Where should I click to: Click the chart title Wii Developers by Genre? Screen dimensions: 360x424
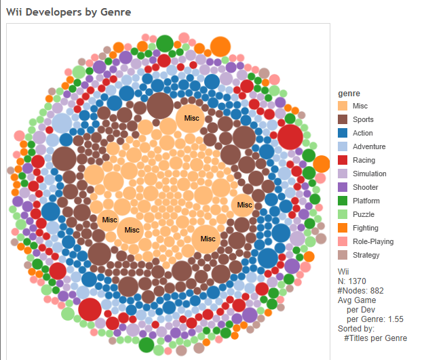[69, 12]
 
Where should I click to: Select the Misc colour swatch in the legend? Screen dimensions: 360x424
[343, 106]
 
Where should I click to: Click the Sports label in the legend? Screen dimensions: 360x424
[363, 120]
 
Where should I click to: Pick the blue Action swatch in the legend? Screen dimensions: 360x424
[343, 134]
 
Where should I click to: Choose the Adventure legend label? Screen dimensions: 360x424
[369, 147]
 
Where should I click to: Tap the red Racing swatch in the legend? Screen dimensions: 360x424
[343, 161]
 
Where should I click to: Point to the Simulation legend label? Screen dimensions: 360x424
[370, 174]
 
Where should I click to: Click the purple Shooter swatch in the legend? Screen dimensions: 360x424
[343, 188]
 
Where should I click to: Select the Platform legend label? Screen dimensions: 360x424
[366, 201]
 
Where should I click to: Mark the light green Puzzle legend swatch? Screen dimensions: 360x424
[343, 215]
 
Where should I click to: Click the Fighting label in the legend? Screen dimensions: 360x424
[366, 228]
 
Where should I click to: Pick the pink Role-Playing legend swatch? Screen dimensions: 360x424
[343, 242]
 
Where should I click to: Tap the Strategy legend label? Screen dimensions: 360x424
[366, 256]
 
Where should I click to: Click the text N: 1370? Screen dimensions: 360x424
[353, 281]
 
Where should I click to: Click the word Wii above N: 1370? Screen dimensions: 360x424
[343, 271]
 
